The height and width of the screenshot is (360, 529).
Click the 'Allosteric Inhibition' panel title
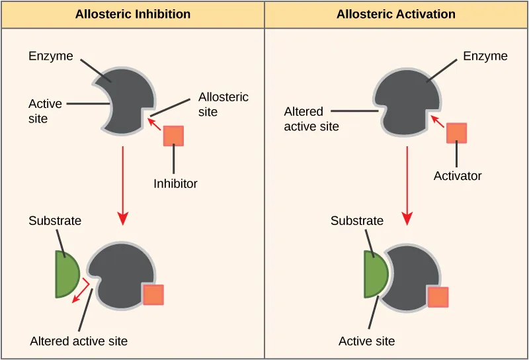(133, 14)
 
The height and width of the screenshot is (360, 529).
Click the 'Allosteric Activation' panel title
(395, 14)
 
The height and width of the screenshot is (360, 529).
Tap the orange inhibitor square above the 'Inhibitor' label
(173, 135)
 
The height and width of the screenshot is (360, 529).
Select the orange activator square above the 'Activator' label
(456, 132)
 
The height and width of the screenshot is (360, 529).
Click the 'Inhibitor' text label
(175, 183)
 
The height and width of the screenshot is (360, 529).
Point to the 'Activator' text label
(458, 176)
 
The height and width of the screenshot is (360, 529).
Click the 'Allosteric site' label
(224, 105)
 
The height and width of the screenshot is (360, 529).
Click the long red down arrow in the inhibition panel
(123, 185)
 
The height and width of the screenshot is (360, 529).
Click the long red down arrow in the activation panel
(407, 185)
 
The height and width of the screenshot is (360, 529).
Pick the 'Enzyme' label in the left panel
(50, 56)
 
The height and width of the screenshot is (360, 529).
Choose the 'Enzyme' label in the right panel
(485, 56)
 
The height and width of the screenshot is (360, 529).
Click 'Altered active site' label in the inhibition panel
(79, 341)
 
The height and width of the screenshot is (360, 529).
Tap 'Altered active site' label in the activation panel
(311, 118)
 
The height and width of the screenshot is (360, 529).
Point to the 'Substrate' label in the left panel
(55, 221)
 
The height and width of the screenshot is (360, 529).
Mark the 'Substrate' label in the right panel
(357, 221)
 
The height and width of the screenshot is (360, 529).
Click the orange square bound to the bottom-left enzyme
(153, 294)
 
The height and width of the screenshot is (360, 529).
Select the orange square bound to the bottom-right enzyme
(438, 297)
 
